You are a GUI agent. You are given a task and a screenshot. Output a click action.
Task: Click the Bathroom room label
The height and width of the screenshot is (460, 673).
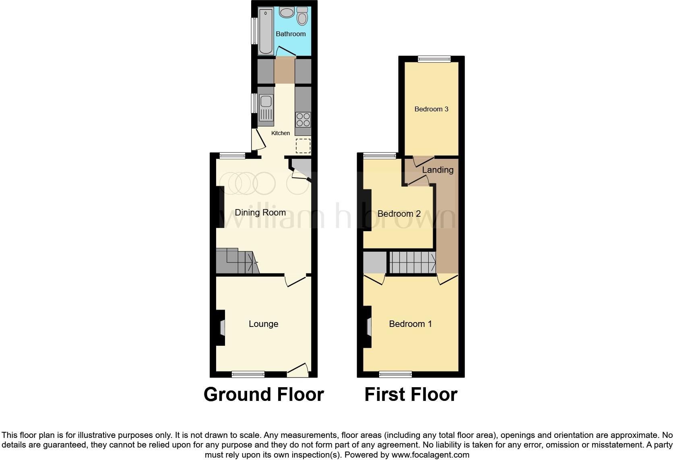(x=290, y=34)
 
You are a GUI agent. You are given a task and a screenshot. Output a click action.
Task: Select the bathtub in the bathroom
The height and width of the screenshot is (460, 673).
(x=266, y=31)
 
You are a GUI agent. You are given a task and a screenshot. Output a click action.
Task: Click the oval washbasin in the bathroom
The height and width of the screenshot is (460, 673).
(x=287, y=13)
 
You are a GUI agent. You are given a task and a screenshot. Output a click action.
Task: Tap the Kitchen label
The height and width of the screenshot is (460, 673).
(x=281, y=133)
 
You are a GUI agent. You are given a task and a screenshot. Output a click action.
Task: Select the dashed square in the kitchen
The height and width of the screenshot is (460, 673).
(x=303, y=146)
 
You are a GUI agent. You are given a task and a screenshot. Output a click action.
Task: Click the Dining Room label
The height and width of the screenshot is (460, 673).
(x=260, y=212)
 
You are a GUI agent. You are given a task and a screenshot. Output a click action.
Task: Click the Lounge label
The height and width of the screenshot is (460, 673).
(x=263, y=324)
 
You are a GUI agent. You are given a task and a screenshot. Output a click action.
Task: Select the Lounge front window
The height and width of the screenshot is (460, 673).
(x=248, y=374)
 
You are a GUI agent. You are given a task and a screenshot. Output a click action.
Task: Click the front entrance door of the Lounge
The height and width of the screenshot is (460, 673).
(x=298, y=371)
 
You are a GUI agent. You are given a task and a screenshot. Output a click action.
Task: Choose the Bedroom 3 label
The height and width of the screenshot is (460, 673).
(x=431, y=109)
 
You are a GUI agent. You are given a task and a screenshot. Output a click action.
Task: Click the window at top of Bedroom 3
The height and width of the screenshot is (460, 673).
(x=434, y=59)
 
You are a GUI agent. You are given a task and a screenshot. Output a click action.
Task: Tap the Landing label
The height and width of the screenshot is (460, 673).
(x=438, y=170)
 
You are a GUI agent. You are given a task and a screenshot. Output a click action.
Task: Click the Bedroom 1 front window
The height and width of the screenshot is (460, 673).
(x=395, y=374)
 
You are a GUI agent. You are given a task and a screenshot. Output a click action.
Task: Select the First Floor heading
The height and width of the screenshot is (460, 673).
(x=411, y=394)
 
